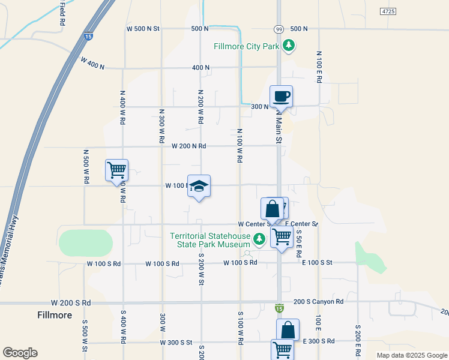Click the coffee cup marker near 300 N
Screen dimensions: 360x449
point(280,96)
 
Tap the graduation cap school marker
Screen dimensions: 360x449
point(199,187)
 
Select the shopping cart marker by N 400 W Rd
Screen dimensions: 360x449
point(116,170)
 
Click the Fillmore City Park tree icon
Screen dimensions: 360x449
point(289,46)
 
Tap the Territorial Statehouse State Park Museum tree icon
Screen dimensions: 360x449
point(259,240)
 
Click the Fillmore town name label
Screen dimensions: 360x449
point(55,315)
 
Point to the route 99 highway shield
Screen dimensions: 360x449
point(279,29)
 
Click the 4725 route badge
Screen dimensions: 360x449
point(388,12)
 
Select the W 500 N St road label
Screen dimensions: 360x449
point(143,28)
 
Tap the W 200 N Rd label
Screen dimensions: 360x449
point(188,146)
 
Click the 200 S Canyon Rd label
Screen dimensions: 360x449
point(319,302)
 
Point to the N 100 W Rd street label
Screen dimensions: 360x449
point(240,146)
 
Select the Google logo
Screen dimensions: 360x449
point(20,353)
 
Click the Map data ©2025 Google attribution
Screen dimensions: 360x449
point(411,355)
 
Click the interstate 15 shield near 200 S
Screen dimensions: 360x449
point(279,308)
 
